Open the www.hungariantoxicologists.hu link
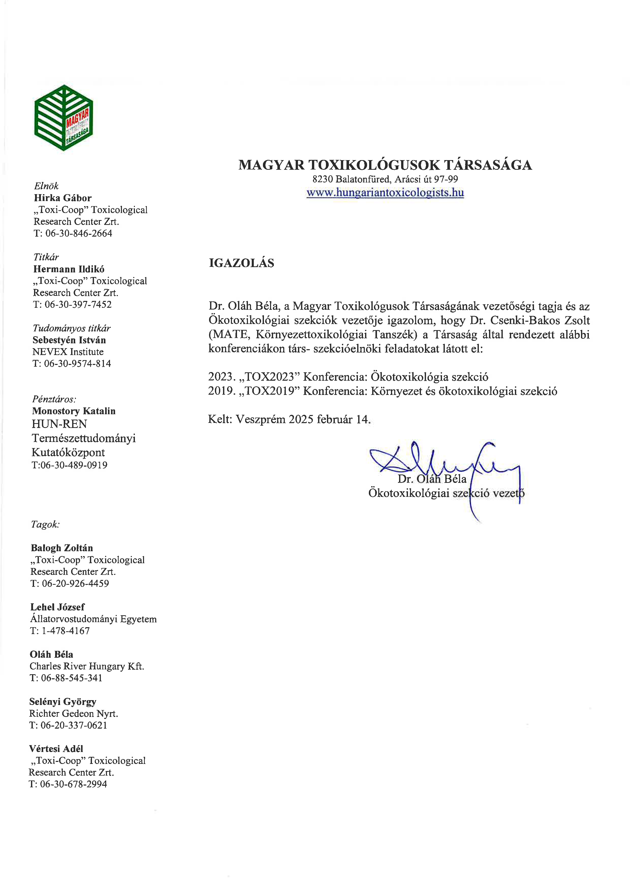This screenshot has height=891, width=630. coord(385,192)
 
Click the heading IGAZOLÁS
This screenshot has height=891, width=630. coord(241,263)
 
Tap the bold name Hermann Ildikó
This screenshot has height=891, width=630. coord(69,269)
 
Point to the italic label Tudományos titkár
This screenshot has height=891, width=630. coord(71,328)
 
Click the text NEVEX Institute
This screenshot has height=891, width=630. coord(68,352)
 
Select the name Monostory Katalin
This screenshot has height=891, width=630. coord(74,411)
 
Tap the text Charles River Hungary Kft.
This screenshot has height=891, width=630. coord(87,666)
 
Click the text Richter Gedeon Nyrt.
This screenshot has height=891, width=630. coord(73,713)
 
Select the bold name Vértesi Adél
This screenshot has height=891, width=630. coord(56,749)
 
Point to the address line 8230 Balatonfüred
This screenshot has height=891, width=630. coord(385,179)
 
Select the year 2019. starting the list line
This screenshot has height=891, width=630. coord(222,391)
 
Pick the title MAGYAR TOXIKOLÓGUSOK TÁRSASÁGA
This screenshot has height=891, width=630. coord(385,165)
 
